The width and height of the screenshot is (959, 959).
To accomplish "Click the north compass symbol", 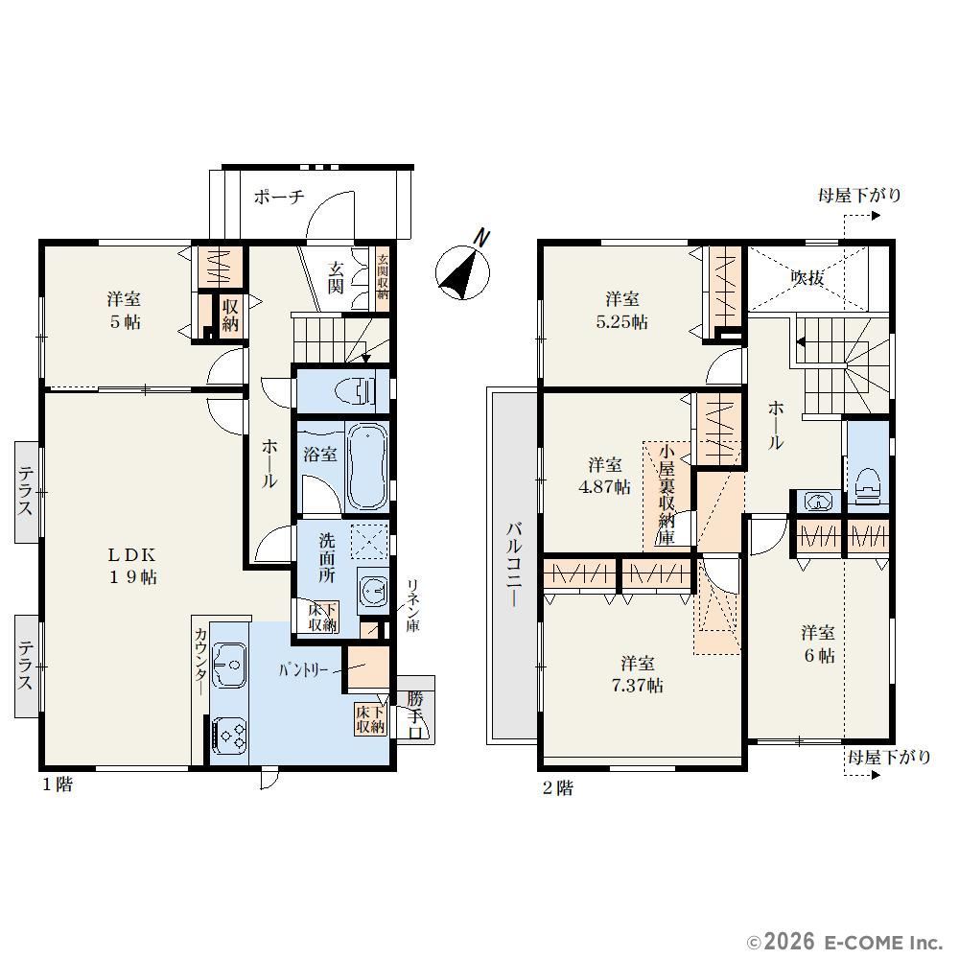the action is pos(463,270).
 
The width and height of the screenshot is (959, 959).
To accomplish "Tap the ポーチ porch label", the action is pos(279,197).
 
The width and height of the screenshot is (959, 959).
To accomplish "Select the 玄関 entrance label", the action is pos(335,277).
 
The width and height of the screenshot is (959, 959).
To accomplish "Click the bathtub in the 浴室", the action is pos(367,467).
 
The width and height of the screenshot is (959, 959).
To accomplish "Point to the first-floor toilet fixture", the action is pos(356,389).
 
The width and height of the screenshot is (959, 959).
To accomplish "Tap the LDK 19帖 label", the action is pos(132,566).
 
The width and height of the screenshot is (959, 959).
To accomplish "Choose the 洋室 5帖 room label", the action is pos(124,310).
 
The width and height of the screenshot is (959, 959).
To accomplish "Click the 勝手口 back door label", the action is pos(415,715).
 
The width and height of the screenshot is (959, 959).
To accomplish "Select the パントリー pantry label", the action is pos(303,670).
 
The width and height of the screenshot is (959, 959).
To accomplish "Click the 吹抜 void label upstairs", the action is pos(807,278).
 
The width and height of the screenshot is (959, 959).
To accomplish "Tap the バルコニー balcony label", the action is pos(514,564).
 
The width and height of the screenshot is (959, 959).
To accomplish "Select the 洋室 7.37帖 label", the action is pos(638,674).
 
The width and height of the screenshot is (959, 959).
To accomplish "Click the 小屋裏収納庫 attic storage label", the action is pos(667,494).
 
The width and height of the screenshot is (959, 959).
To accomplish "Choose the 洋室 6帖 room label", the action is pos(818,643).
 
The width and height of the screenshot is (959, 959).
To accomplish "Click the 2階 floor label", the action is pos(558,787).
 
